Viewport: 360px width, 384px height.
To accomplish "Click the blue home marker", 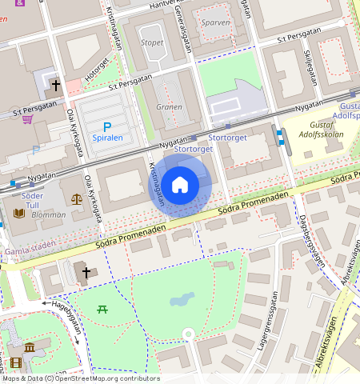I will pyautogui.click(x=181, y=185).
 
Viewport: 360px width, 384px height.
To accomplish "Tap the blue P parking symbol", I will pyautogui.click(x=108, y=126).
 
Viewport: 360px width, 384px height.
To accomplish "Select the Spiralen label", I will pyautogui.click(x=108, y=138).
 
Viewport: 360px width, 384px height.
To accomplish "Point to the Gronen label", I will pyautogui.click(x=169, y=107).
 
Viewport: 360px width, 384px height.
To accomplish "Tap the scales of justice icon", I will pyautogui.click(x=76, y=198).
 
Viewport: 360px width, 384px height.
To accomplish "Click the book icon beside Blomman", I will pyautogui.click(x=18, y=214).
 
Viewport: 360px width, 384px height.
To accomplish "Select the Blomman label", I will pyautogui.click(x=49, y=214).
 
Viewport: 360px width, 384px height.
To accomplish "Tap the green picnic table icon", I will pyautogui.click(x=102, y=308).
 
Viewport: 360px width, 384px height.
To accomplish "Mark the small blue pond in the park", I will pyautogui.click(x=182, y=300).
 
